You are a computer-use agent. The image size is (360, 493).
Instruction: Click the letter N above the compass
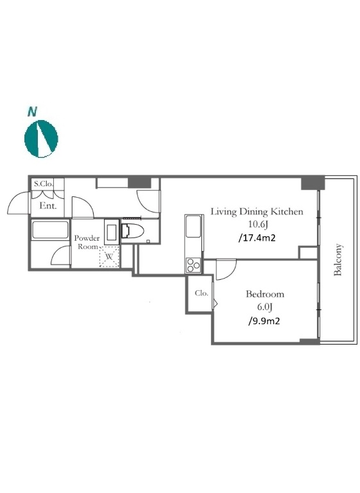coord(32,112)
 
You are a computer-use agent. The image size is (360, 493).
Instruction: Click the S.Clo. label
coord(44,184)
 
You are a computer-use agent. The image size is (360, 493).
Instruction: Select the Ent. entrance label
coord(47,206)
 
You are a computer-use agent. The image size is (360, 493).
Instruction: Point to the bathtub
coord(50,230)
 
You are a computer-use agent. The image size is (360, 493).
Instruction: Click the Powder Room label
coord(87,242)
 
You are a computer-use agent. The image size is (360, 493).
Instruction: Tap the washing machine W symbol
coord(109,257)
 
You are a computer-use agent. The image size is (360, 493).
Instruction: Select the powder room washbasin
coord(112,232)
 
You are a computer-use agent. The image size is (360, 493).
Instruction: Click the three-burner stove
coord(193,265)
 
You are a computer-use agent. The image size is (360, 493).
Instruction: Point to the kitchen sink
coord(193,227)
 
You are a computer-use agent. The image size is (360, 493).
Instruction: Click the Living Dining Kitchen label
coord(257,212)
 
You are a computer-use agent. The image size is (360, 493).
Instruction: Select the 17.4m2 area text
coord(257,238)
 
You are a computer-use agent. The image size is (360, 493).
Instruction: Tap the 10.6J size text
coord(257,225)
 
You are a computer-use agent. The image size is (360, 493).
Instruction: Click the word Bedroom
coord(265,294)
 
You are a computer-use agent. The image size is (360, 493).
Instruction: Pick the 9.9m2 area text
coord(264,321)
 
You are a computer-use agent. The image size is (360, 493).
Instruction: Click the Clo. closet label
coord(201,293)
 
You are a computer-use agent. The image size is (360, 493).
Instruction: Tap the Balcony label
coord(338,260)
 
